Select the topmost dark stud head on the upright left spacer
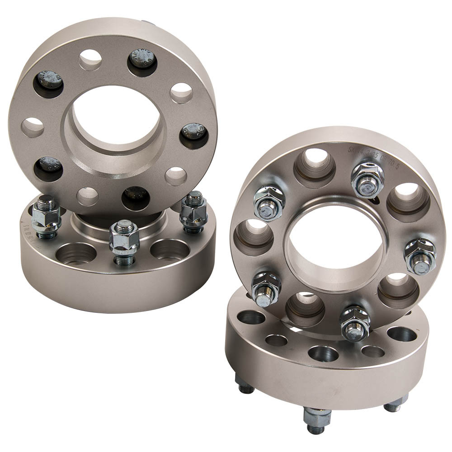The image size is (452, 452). point(142,62)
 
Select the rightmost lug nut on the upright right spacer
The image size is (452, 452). point(419,256)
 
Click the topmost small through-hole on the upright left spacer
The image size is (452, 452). point(90,59)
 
